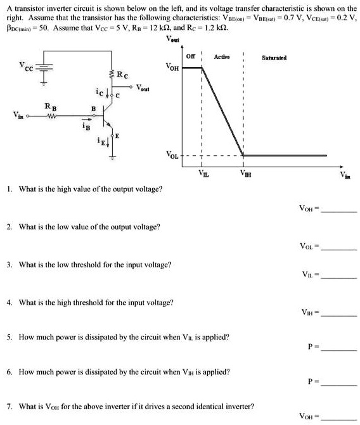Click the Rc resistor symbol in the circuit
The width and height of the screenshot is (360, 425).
(112, 75)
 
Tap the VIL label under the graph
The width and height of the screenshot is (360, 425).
(203, 172)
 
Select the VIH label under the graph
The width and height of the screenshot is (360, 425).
(244, 173)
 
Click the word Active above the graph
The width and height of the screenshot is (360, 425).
(222, 57)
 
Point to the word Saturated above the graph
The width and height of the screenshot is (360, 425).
(274, 58)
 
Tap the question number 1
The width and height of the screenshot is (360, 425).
(8, 189)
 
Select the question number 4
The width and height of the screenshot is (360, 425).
(8, 302)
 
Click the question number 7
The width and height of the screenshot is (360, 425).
(8, 406)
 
